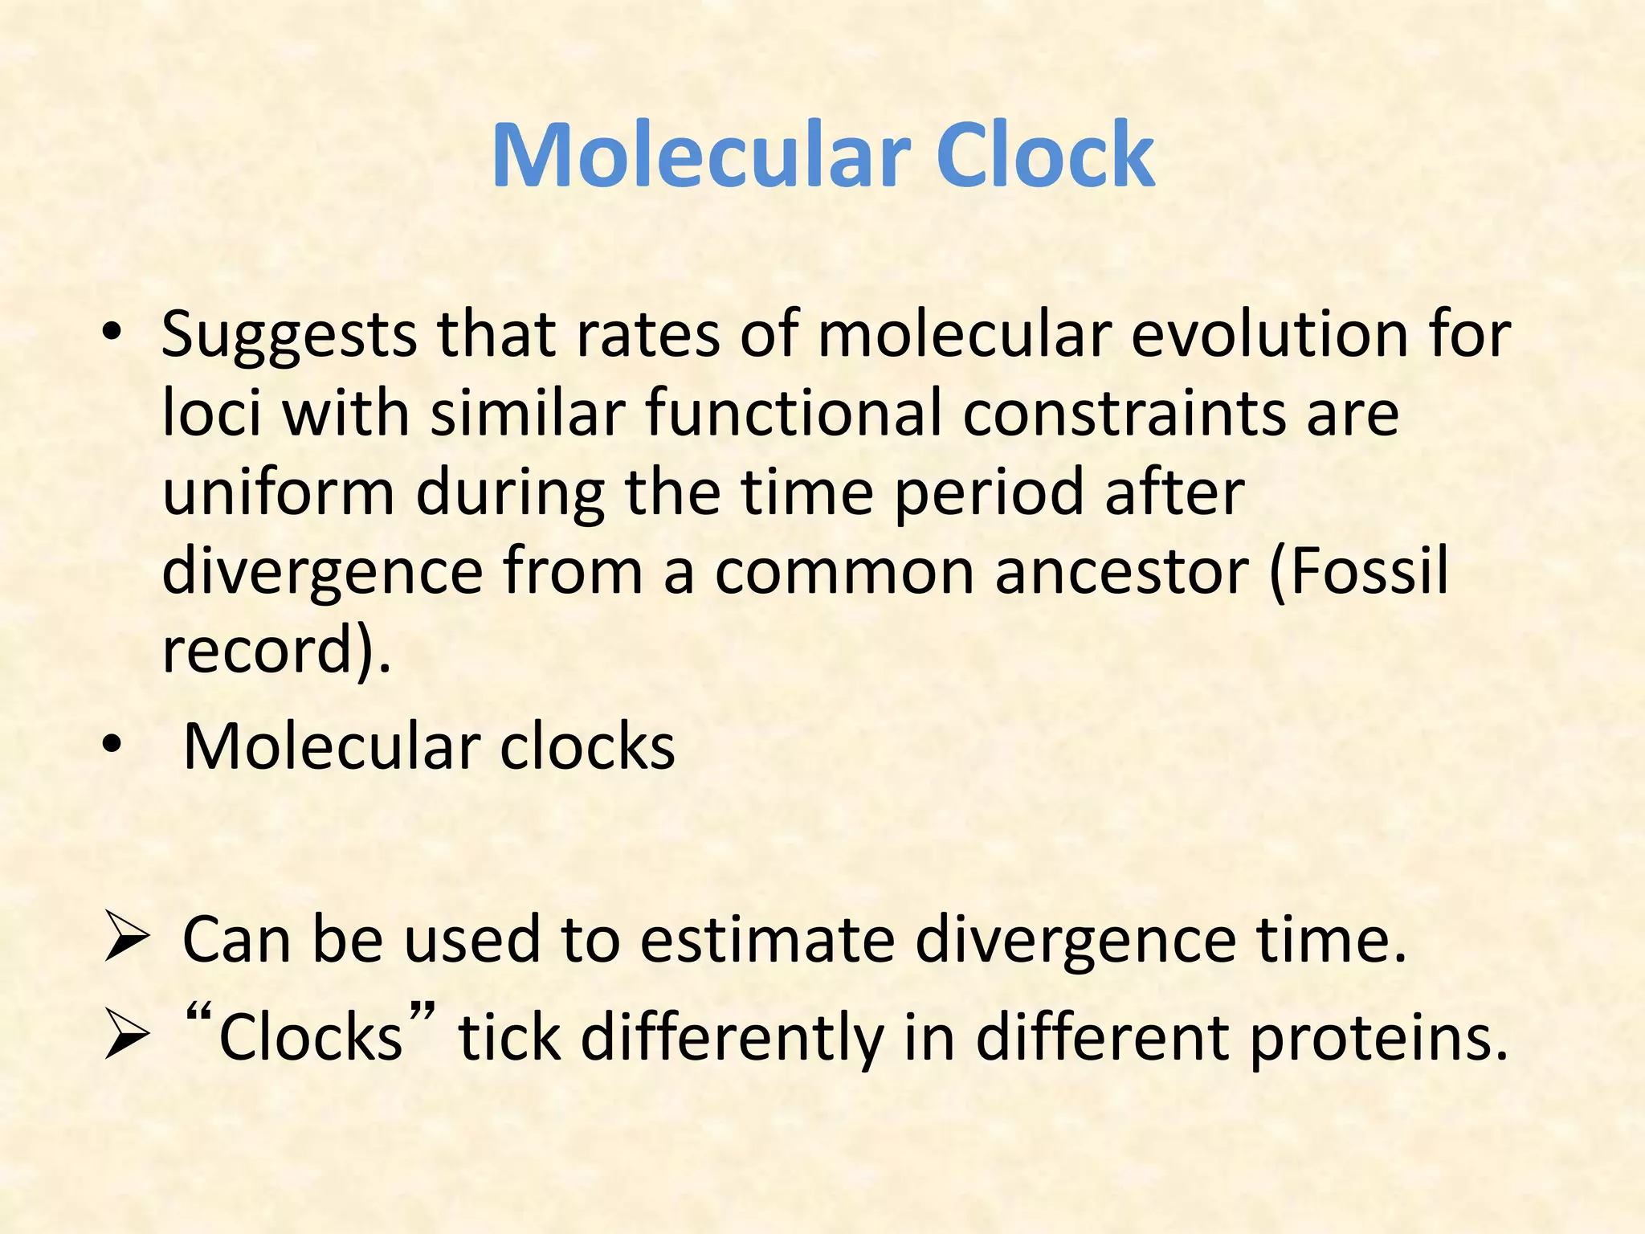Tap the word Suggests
click(289, 336)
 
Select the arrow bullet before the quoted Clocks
click(127, 1037)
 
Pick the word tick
click(508, 1037)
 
